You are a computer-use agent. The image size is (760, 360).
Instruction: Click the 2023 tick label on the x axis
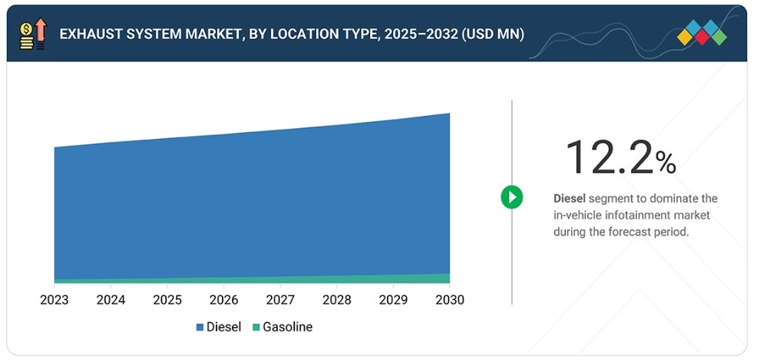pos(55,300)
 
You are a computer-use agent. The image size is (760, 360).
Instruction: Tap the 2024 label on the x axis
pos(111,300)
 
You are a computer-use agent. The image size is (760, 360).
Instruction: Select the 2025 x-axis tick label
pos(167,300)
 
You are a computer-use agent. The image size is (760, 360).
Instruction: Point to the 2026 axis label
pos(224,300)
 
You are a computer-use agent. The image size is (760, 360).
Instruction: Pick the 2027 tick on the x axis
pos(280,300)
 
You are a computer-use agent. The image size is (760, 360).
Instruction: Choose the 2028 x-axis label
pos(337,300)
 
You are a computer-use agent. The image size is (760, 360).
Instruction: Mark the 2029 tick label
pos(393,300)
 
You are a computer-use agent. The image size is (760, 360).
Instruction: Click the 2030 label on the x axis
pos(450,300)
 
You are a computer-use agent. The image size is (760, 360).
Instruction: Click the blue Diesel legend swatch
pos(200,328)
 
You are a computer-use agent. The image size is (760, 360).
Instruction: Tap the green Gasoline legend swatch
pos(256,328)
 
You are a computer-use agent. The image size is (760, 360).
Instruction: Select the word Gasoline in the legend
pos(287,327)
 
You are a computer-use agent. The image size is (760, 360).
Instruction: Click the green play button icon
pos(512,197)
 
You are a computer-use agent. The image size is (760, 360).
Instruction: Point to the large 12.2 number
pos(610,157)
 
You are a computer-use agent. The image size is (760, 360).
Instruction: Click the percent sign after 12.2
pos(666,163)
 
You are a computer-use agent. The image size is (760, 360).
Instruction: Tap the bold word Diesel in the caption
pos(570,198)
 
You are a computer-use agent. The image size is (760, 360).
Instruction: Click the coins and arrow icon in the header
pos(33,34)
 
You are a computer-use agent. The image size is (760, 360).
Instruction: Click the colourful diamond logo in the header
pos(702,32)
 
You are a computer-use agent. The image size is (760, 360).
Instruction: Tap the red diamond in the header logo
pos(702,38)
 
